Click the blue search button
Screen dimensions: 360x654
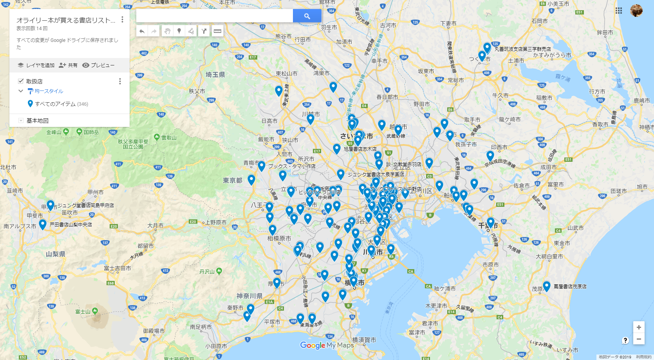[x=307, y=16]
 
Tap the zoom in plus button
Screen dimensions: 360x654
[x=639, y=327]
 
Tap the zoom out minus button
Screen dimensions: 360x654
[x=639, y=339]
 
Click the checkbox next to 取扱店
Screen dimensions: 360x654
[x=21, y=81]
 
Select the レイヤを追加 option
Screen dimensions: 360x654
[x=36, y=65]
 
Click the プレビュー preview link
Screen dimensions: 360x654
[x=98, y=65]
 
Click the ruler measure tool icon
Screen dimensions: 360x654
[x=217, y=31]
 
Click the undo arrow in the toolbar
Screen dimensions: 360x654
[x=142, y=31]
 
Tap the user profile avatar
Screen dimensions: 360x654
[x=636, y=11]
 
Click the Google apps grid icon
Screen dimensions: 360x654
[x=619, y=11]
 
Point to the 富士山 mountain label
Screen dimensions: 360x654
[x=83, y=312]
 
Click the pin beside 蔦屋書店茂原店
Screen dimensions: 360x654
[x=547, y=286]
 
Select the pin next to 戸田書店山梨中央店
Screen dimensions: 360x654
[x=43, y=224]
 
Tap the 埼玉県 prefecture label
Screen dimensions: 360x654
[x=215, y=74]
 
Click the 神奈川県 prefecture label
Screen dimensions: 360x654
[x=249, y=296]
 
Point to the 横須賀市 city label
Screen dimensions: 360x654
[x=364, y=340]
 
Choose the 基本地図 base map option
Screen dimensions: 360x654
[x=38, y=121]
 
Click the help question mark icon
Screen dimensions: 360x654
[x=625, y=340]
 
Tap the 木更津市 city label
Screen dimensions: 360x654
[x=436, y=306]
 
